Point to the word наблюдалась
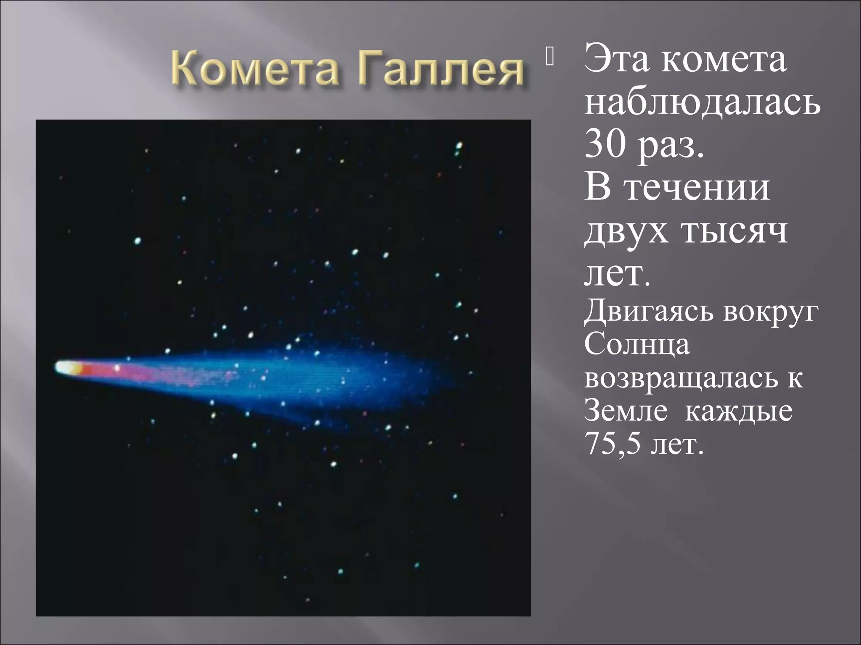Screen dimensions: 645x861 pyautogui.click(x=702, y=103)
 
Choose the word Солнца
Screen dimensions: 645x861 pyautogui.click(x=637, y=345)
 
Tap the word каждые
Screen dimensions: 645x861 pyautogui.click(x=739, y=412)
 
